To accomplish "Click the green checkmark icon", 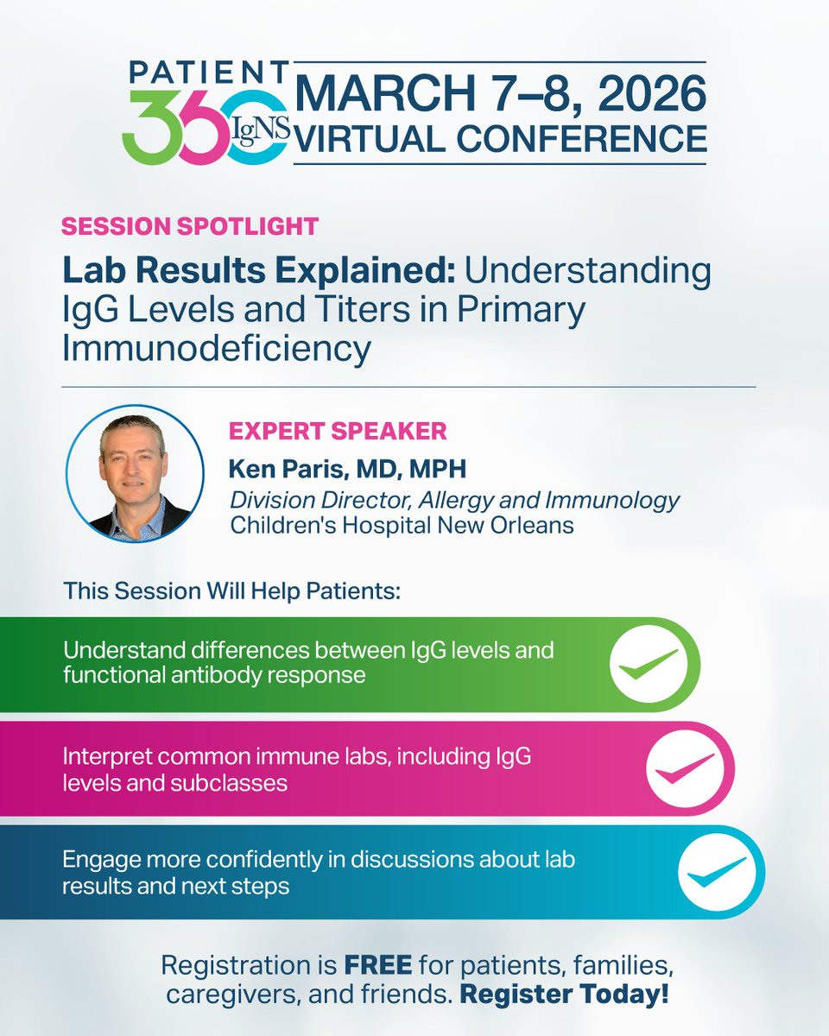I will (x=654, y=664).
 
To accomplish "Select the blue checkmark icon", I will (x=722, y=871).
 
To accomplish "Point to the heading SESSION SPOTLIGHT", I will (x=190, y=227).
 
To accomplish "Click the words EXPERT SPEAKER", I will (x=337, y=430).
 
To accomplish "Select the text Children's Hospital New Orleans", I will (x=402, y=525).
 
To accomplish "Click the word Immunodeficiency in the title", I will (x=217, y=349).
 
